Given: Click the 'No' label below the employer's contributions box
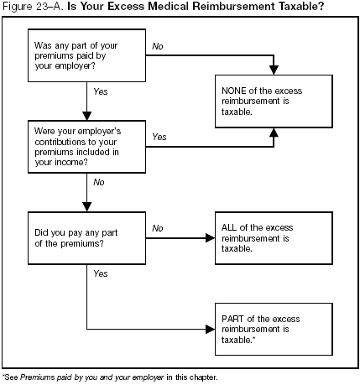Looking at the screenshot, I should [98, 181].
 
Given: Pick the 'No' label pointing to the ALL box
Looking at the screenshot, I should [158, 228].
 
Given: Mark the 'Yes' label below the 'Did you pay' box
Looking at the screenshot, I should [101, 273].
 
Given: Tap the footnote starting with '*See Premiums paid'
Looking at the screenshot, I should [110, 377].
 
